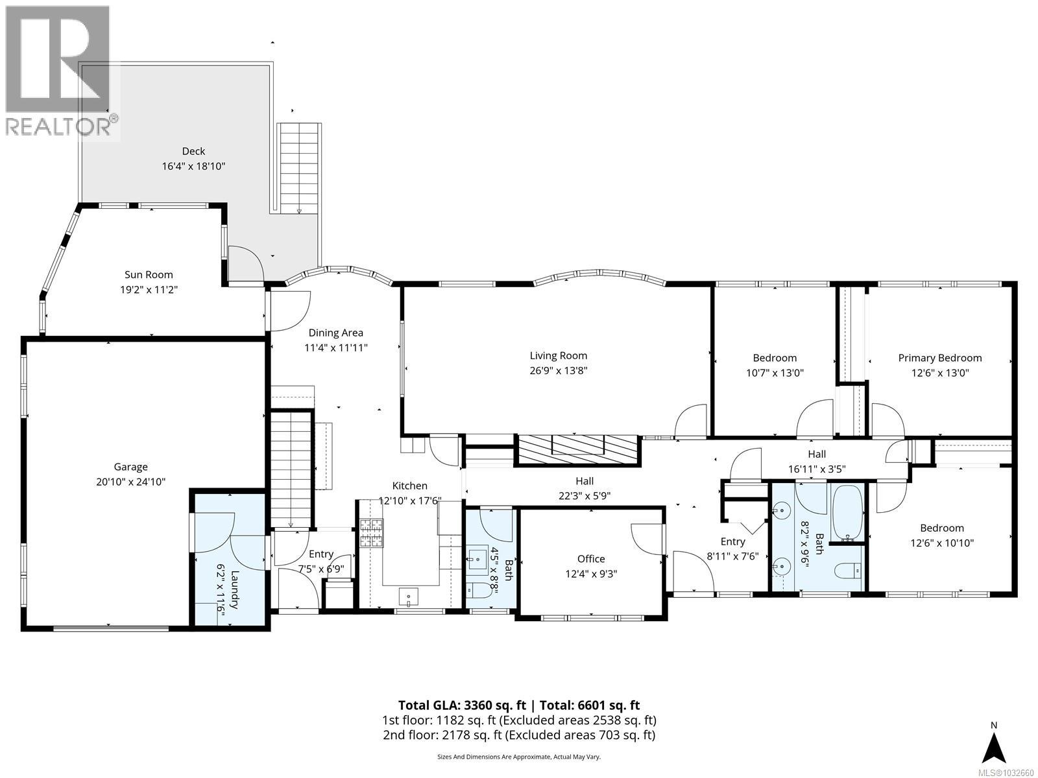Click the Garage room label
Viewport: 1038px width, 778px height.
click(x=130, y=467)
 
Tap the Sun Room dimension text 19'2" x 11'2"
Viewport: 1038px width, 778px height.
click(x=149, y=289)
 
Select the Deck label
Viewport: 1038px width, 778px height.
click(x=193, y=151)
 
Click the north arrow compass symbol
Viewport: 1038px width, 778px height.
click(x=993, y=748)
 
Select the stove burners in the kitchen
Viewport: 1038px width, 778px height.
click(x=372, y=533)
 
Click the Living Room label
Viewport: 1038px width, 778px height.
click(x=558, y=355)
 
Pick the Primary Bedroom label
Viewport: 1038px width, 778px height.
click(x=939, y=358)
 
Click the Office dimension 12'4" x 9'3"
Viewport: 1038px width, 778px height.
click(x=591, y=574)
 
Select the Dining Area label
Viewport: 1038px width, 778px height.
click(x=335, y=333)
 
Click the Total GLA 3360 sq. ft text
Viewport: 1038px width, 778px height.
click(x=463, y=705)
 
